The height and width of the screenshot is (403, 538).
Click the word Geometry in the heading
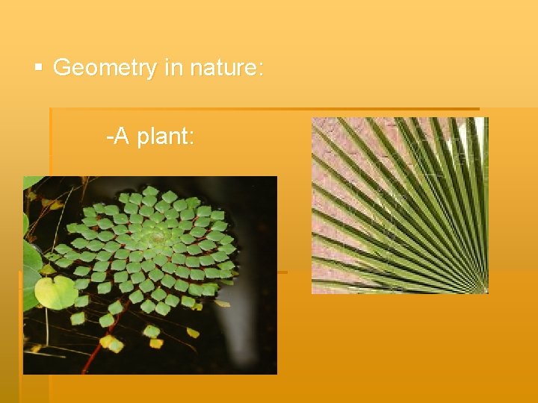tap(105, 69)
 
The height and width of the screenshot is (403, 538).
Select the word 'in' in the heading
tap(173, 69)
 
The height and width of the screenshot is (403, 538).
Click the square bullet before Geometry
tap(39, 69)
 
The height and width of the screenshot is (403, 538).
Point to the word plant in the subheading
tap(166, 137)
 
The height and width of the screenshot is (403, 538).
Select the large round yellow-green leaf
tap(56, 292)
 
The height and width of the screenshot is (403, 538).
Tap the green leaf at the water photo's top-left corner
tap(31, 183)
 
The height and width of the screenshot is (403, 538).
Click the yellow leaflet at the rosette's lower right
tap(222, 303)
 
